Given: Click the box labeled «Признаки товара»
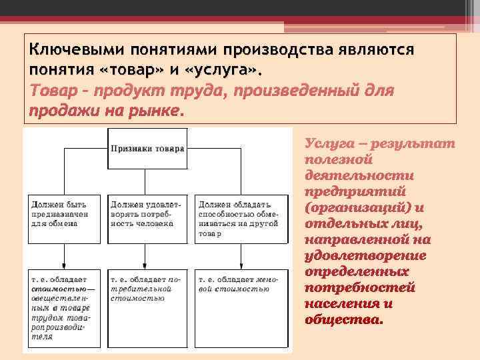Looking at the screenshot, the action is pyautogui.click(x=148, y=149).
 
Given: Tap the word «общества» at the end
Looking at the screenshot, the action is pyautogui.click(x=344, y=319).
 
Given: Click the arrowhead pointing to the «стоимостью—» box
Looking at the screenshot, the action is pyautogui.click(x=64, y=265).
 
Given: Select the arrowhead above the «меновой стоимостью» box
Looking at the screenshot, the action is pyautogui.click(x=241, y=265).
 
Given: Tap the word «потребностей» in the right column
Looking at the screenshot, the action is pyautogui.click(x=359, y=287).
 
